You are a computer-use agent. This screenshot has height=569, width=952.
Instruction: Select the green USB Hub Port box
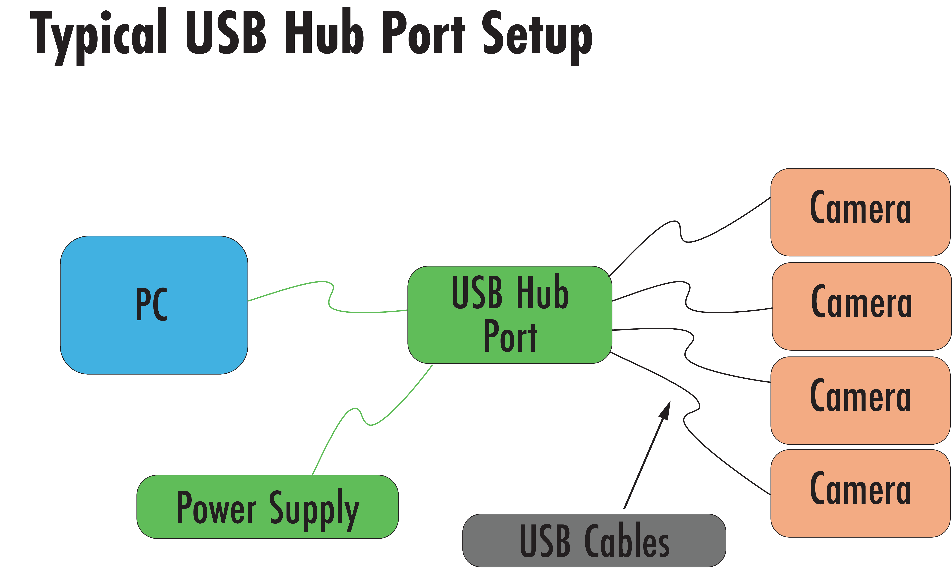(x=509, y=314)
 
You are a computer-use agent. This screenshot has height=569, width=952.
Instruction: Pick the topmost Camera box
(x=860, y=212)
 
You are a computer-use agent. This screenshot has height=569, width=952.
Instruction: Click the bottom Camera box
(x=860, y=493)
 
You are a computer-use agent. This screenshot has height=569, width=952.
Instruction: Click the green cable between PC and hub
(x=329, y=299)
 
